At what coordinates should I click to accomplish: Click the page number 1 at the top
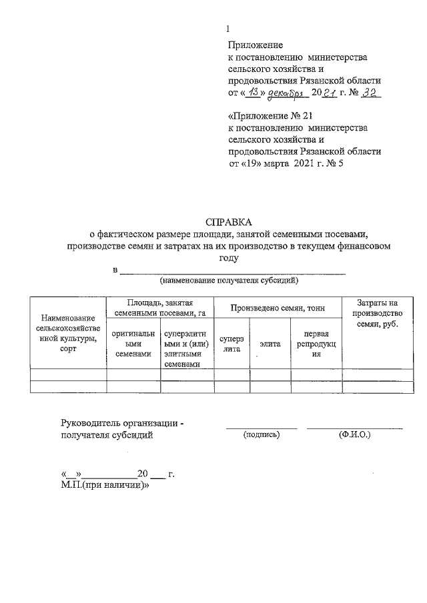point(229,29)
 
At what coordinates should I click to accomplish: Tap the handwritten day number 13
point(252,93)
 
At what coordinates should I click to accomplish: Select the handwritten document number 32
point(370,93)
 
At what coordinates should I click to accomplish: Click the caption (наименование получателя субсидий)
point(231,281)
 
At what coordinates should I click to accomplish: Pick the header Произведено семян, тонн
point(277,307)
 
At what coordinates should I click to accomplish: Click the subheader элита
point(270,344)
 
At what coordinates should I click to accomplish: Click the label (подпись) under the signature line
point(262,434)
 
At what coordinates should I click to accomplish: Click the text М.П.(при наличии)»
point(104,486)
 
